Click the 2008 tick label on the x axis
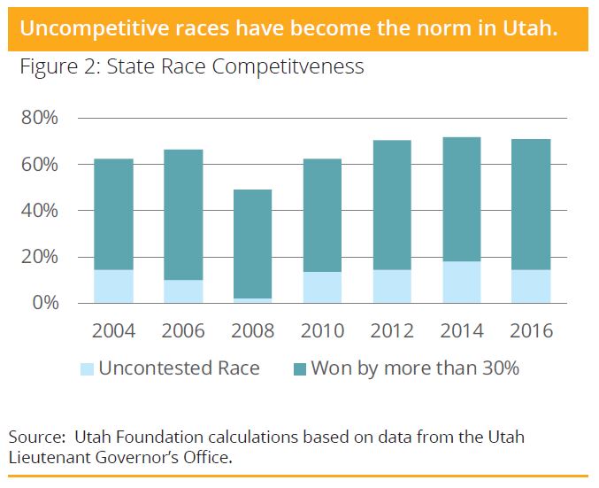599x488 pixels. (252, 331)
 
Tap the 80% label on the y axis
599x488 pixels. (41, 119)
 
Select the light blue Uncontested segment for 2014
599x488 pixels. (461, 282)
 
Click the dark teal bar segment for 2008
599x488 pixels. (252, 244)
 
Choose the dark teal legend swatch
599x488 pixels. (296, 368)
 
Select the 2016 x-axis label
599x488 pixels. (531, 331)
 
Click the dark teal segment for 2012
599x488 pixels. (392, 205)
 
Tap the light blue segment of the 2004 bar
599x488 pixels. (113, 286)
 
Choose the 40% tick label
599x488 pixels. (41, 211)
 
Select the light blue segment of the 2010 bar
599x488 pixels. (322, 287)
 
